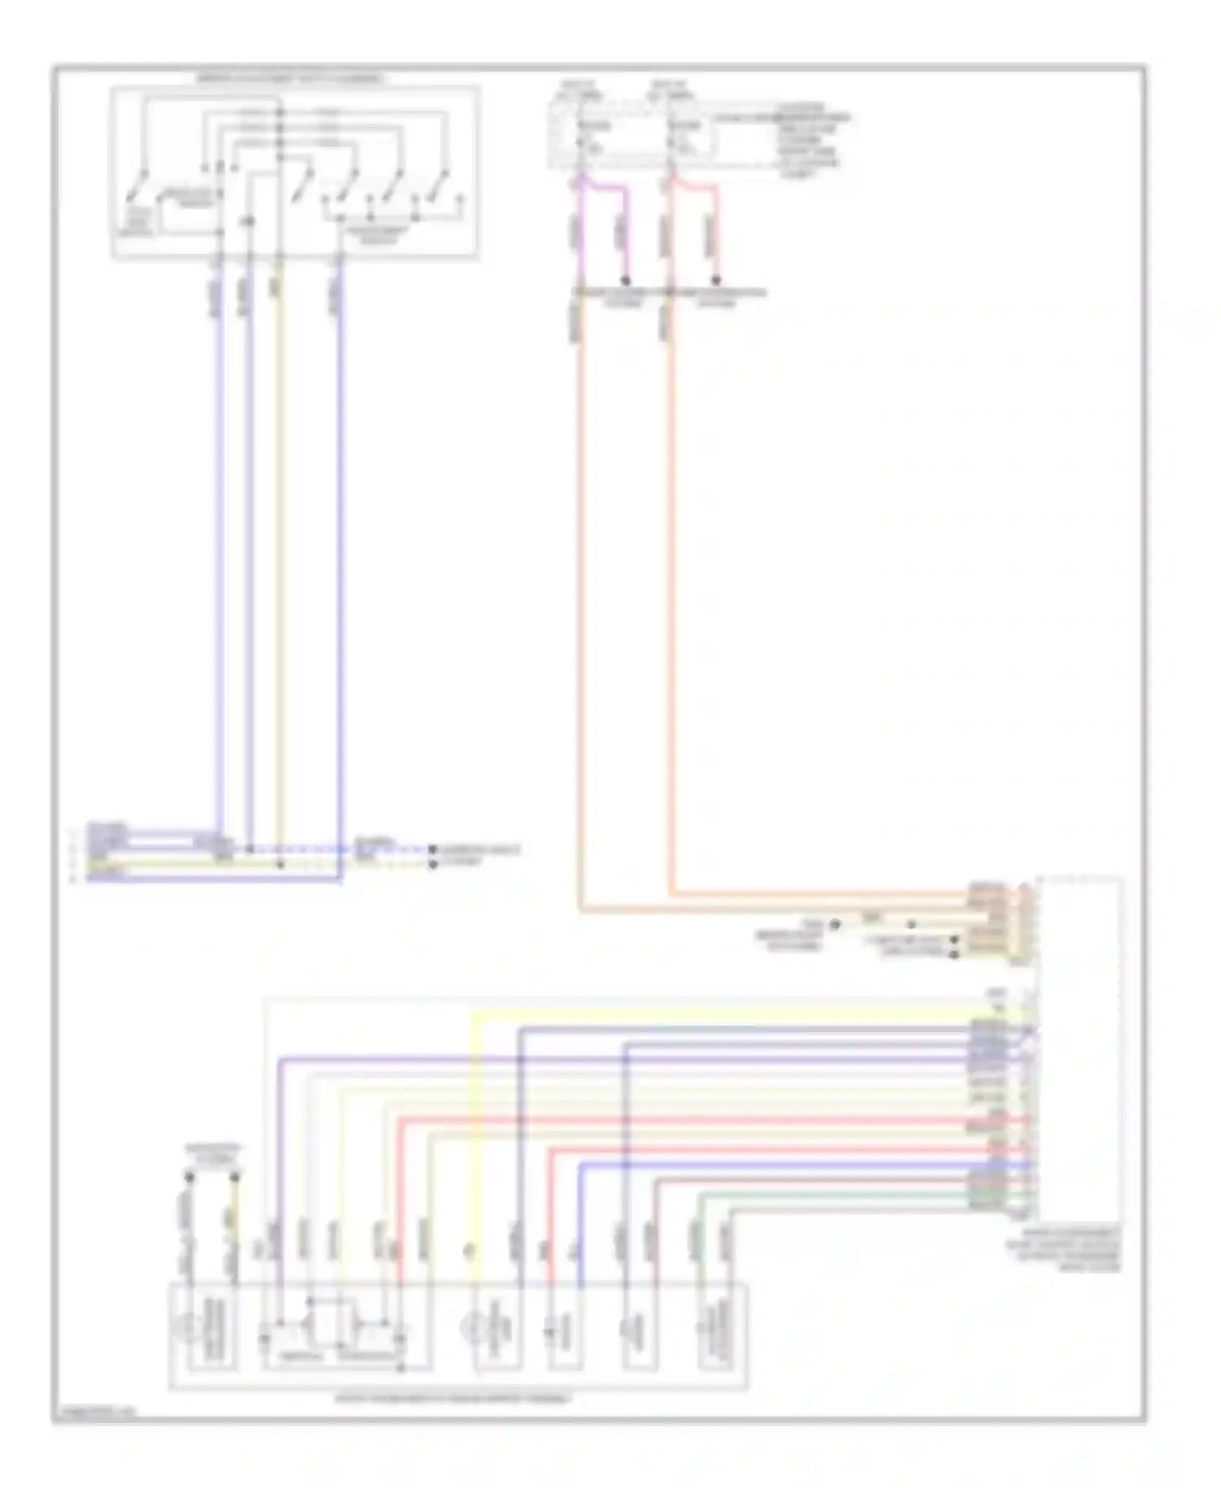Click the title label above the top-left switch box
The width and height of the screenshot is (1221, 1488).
[291, 79]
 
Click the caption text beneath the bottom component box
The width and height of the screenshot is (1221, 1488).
[454, 1398]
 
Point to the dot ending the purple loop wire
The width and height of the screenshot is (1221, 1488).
[625, 280]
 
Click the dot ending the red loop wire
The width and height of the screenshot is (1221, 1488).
[716, 280]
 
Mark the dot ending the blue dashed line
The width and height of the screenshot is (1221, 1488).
[433, 850]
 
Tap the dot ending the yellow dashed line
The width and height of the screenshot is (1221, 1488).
[433, 863]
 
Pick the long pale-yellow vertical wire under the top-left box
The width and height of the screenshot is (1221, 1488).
[279, 554]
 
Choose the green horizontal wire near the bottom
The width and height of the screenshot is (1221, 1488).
[838, 1195]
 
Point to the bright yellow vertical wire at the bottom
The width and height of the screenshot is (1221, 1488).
[474, 1140]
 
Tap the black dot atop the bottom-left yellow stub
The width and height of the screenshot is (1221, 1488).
[235, 1177]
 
